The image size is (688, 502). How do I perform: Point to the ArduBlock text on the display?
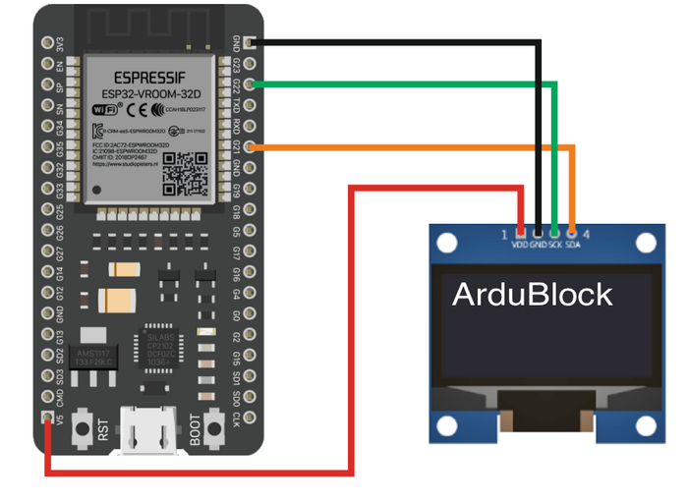point(532,295)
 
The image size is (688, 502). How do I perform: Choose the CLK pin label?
point(236,419)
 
